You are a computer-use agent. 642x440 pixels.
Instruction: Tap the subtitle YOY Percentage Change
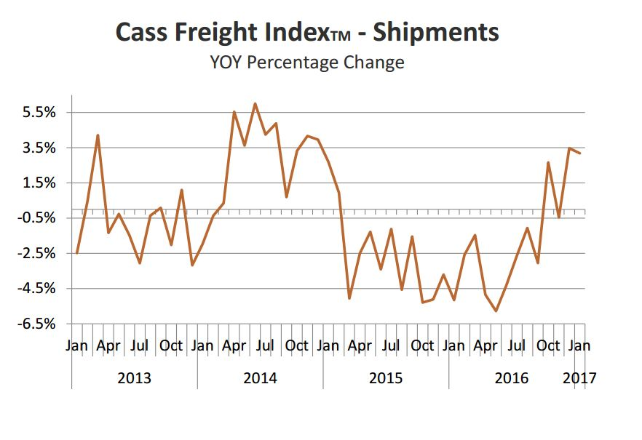[306, 63]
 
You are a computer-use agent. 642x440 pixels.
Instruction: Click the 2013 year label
[134, 378]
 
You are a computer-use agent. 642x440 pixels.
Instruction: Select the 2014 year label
[260, 378]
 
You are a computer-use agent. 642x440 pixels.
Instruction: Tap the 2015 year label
[386, 378]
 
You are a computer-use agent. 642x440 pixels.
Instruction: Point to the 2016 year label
[512, 378]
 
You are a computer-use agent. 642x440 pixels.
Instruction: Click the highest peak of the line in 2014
[255, 103]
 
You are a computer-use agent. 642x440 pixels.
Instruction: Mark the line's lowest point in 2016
[496, 311]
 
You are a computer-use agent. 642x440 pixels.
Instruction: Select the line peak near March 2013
[98, 135]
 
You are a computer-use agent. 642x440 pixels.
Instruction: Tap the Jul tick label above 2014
[265, 345]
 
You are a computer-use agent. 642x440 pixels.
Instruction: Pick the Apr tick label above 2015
[360, 345]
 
